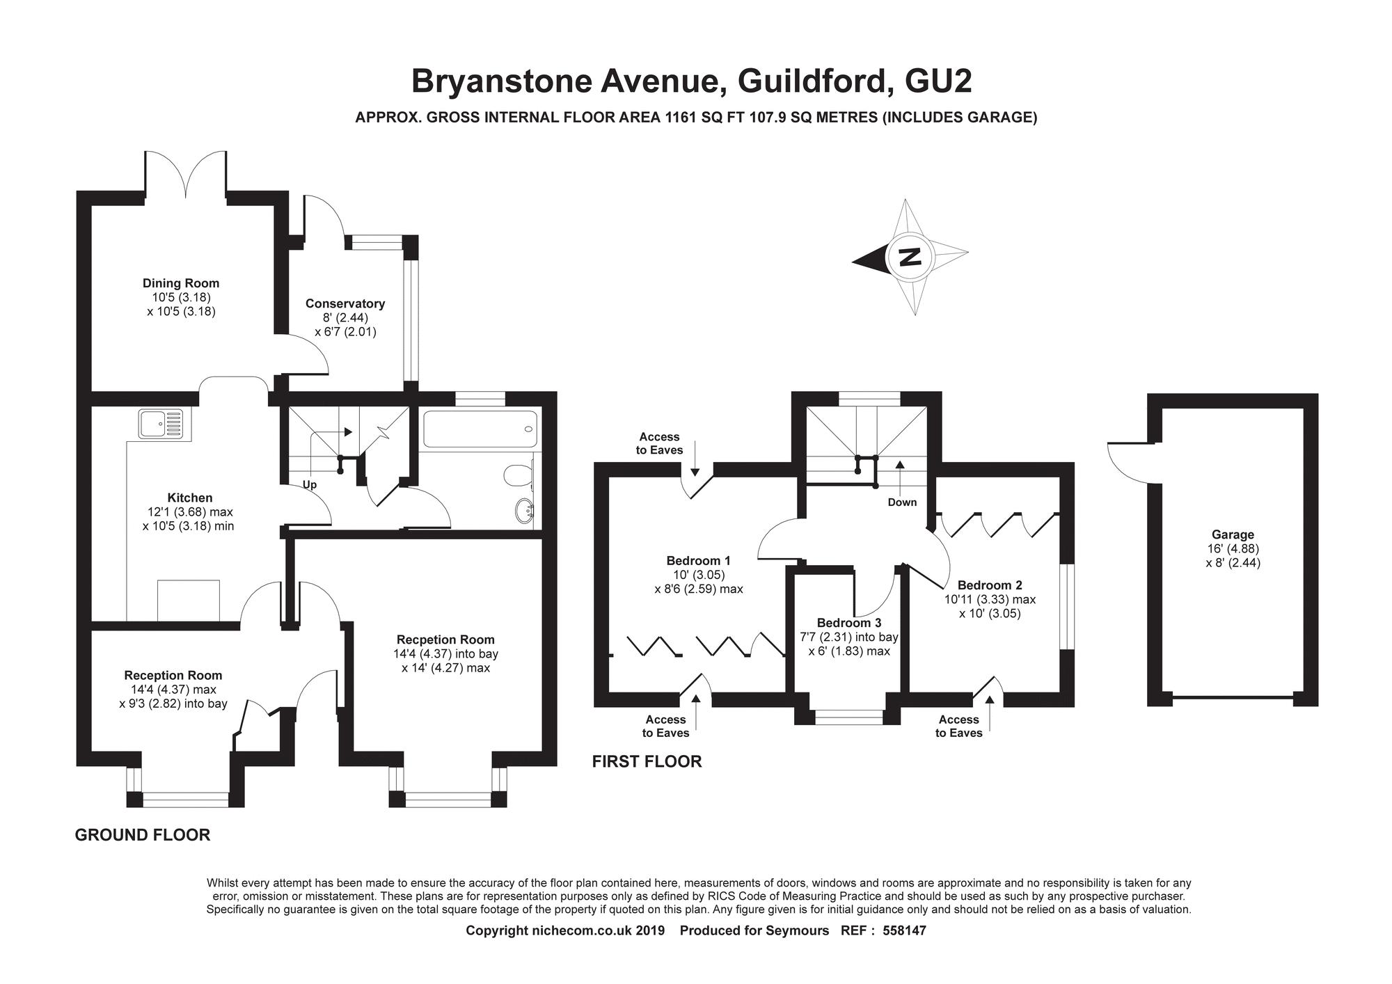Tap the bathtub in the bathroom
click(x=480, y=429)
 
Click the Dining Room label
click(x=181, y=283)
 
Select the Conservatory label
click(x=345, y=303)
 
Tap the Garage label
click(x=1233, y=534)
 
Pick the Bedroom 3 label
click(x=849, y=623)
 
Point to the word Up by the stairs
click(x=310, y=484)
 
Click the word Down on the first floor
click(x=902, y=502)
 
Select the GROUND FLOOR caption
click(x=143, y=835)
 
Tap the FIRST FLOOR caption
click(x=647, y=761)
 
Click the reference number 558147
click(x=904, y=930)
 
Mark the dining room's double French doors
click(x=185, y=174)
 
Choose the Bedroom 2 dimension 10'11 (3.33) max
click(x=990, y=599)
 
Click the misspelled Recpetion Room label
click(x=445, y=640)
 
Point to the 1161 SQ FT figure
click(x=705, y=118)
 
